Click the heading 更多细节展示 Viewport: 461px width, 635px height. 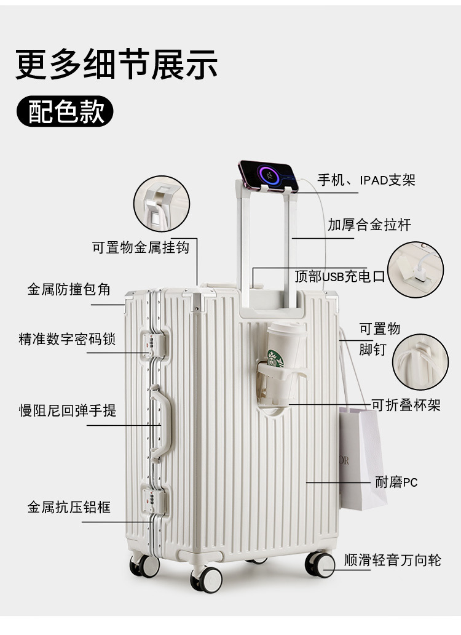pos(117,65)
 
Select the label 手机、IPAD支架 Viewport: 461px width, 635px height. pos(366,180)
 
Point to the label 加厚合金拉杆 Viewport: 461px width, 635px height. pos(369,225)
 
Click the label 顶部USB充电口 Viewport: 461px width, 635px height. pos(339,276)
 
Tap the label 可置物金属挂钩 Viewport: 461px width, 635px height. pos(141,247)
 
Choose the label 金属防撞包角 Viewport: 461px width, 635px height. pos(69,289)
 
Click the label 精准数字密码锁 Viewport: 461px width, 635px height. pos(67,339)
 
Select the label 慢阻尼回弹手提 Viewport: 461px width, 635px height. pos(68,410)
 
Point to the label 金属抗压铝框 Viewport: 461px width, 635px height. pos(69,507)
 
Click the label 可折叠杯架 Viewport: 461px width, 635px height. pos(406,405)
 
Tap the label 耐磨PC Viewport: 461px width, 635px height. pos(396,482)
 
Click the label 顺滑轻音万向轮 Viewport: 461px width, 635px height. pos(392,561)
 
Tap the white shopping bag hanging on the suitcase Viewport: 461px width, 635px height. pos(362,455)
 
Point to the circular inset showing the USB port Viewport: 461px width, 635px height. pos(415,270)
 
